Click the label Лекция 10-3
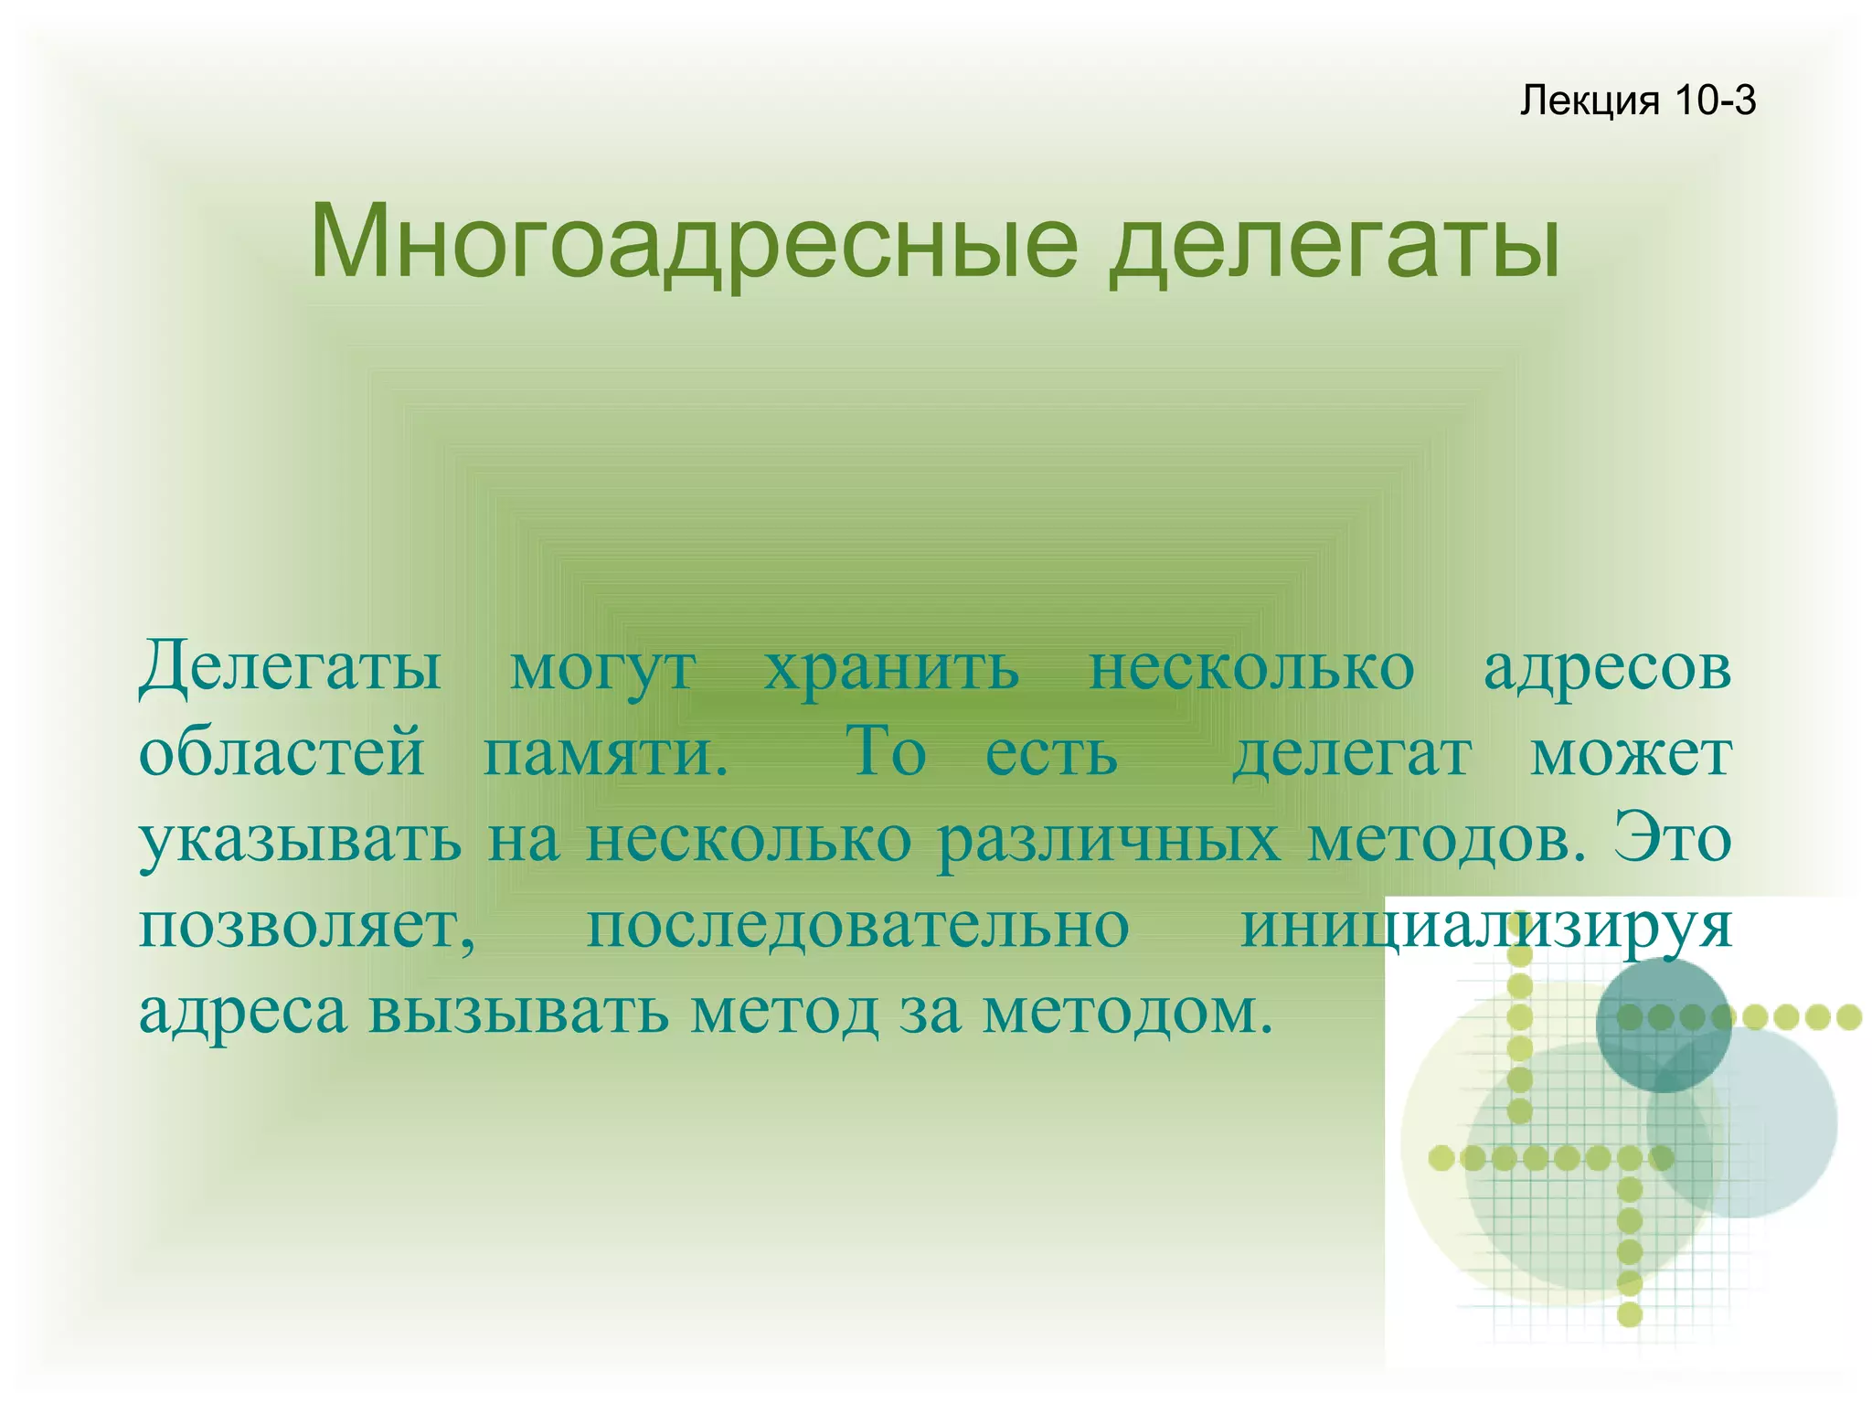point(1637,101)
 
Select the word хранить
point(891,668)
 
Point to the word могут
point(603,668)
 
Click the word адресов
point(1607,668)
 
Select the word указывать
point(300,839)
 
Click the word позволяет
point(307,925)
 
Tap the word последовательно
point(857,925)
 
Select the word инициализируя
point(1485,925)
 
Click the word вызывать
point(518,1011)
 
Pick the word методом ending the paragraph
point(1127,1011)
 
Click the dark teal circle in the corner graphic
point(1663,1024)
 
